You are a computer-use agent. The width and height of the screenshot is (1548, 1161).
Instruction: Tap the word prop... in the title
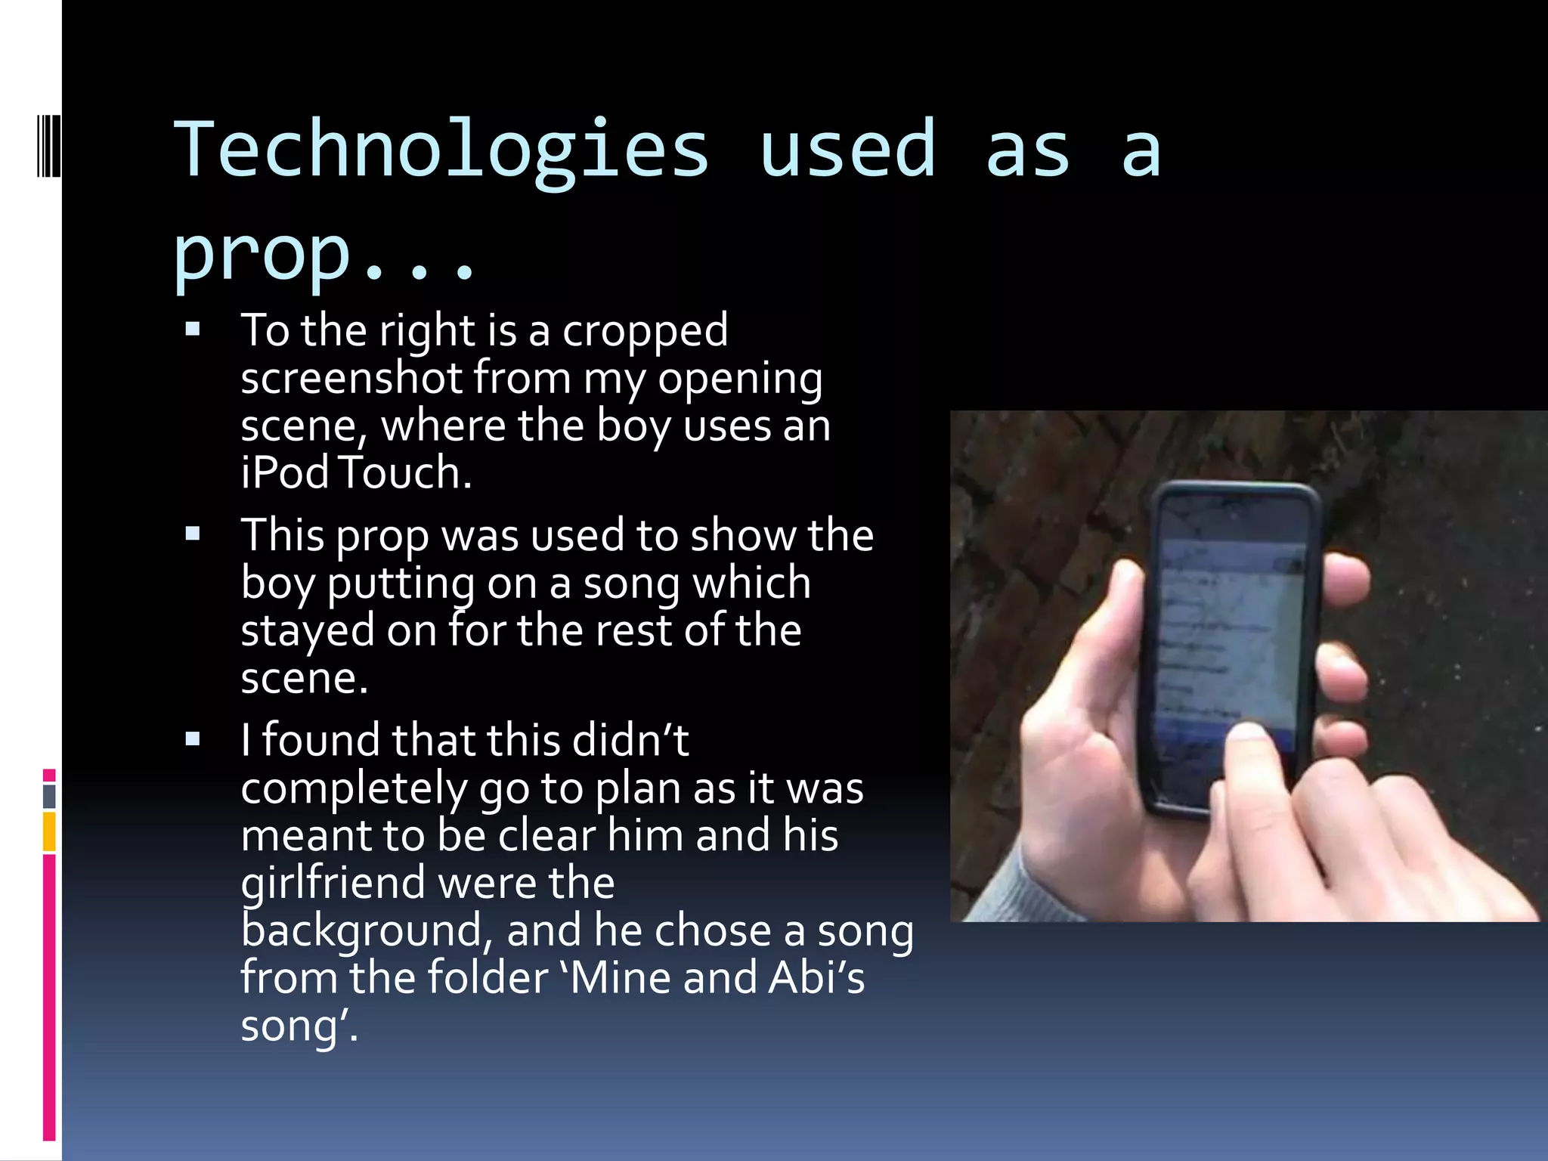point(325,254)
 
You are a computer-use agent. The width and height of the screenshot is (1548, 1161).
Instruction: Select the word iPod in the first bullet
point(285,473)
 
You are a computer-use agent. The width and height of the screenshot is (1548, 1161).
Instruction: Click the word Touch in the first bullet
point(405,473)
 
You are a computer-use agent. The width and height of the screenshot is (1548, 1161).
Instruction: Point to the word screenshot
point(351,378)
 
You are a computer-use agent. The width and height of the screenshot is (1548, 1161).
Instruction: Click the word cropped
point(645,331)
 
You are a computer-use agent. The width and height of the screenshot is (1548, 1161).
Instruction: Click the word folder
point(488,977)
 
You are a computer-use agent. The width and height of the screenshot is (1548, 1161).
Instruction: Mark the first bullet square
point(193,330)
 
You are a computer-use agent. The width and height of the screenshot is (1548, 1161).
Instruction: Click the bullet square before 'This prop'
point(193,534)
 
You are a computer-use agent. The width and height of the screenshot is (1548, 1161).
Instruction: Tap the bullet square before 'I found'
point(193,739)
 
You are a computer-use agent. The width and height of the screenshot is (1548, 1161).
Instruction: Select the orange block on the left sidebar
point(49,831)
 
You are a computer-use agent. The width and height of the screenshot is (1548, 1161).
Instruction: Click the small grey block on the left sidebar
point(49,796)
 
